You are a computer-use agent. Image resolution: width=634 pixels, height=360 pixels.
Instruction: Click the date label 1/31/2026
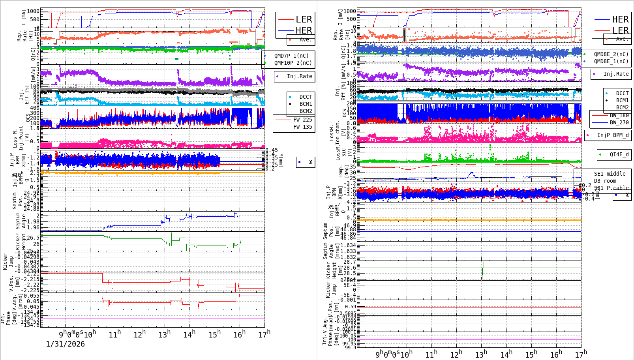click(x=65, y=344)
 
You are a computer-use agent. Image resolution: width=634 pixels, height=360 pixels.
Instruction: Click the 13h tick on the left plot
click(x=165, y=335)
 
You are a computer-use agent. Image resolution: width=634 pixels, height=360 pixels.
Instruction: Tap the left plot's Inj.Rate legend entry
click(x=299, y=76)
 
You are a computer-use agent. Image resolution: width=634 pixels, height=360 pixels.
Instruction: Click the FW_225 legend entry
click(x=302, y=120)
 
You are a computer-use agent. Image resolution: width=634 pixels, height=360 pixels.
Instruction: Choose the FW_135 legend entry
click(x=302, y=127)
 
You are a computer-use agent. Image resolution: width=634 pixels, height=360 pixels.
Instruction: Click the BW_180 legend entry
click(x=619, y=115)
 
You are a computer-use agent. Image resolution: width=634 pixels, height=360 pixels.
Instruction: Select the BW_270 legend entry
click(x=619, y=122)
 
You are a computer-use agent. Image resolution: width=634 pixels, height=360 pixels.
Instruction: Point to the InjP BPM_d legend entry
click(x=613, y=135)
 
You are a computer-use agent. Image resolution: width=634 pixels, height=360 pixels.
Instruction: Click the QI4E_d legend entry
click(x=619, y=154)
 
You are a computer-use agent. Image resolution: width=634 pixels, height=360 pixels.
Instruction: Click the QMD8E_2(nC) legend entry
click(x=611, y=54)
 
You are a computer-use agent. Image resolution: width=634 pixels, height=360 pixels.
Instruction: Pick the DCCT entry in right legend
click(x=622, y=93)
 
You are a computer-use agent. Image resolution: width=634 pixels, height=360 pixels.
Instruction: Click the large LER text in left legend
click(x=304, y=19)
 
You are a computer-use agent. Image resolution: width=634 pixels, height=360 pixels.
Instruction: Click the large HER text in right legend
click(x=620, y=19)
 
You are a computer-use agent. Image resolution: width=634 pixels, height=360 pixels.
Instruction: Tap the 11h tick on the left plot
click(x=115, y=335)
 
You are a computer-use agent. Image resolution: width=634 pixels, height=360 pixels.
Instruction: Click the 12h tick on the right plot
click(x=456, y=354)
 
